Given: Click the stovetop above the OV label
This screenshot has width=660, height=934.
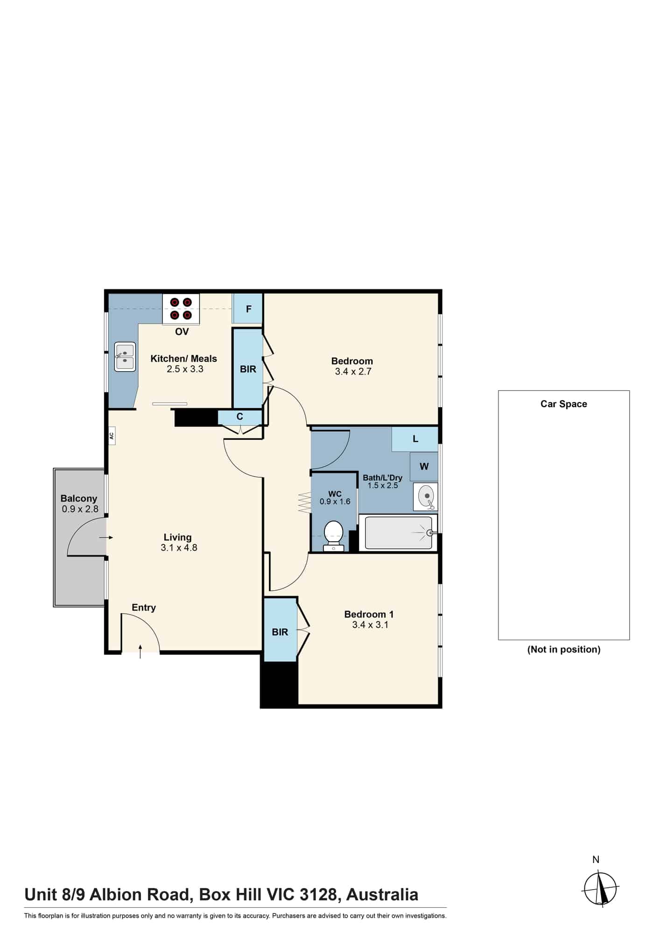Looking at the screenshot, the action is [x=181, y=309].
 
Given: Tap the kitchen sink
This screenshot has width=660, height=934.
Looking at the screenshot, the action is [x=125, y=357].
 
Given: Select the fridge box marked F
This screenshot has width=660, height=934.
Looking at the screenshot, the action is [x=248, y=309].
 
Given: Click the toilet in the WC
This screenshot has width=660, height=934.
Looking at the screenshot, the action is [x=333, y=536].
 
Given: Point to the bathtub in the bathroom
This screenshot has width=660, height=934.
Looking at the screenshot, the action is [x=398, y=533].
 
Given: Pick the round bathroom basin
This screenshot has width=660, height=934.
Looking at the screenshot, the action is [x=426, y=497].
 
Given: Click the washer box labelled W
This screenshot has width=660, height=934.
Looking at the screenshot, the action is [x=424, y=467].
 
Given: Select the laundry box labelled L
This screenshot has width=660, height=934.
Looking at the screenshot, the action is [x=415, y=439].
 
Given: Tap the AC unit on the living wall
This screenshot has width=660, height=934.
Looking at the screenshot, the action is [x=112, y=436].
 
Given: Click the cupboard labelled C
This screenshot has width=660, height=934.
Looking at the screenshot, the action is [x=240, y=417].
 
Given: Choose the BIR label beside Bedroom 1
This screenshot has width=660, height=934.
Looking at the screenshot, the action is [x=280, y=632].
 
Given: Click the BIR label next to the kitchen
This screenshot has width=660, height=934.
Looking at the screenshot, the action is [x=248, y=369].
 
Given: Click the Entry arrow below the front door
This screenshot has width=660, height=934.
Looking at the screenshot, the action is [x=140, y=651].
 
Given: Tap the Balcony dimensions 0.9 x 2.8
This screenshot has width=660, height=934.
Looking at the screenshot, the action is [x=80, y=509].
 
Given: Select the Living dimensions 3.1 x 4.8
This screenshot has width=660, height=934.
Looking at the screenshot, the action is [x=179, y=548].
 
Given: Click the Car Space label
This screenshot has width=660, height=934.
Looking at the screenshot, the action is [x=564, y=404].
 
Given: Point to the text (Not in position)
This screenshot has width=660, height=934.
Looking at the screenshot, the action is [x=564, y=650].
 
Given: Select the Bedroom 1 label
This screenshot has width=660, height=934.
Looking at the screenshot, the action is [x=365, y=615].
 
